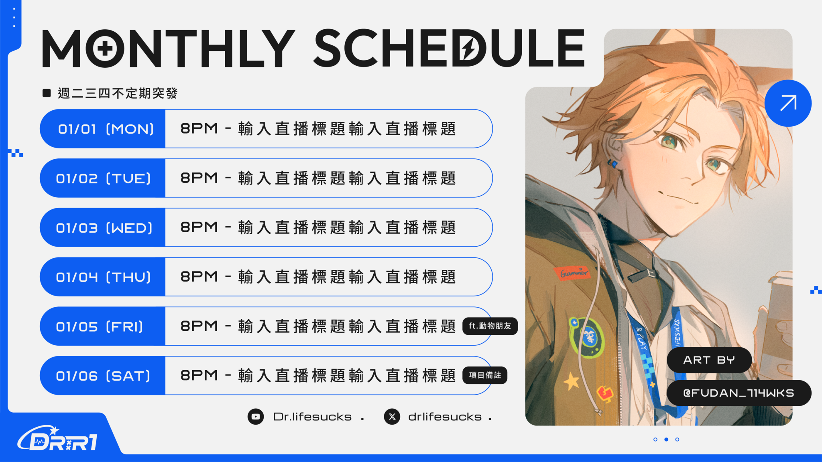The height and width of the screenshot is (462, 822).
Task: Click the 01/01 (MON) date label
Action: (106, 129)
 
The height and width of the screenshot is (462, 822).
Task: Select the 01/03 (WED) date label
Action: (104, 228)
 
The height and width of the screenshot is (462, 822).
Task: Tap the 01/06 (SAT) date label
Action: (103, 376)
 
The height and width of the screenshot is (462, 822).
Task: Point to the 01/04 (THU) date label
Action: (104, 277)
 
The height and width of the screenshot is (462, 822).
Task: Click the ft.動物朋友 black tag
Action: (490, 326)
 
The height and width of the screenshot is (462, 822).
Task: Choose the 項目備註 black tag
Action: (485, 375)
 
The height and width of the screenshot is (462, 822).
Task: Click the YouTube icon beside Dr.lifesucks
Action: (256, 417)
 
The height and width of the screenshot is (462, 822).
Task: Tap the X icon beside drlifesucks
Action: (392, 417)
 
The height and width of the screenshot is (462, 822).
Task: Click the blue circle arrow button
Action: (788, 103)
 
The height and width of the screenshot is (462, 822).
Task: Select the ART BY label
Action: (709, 360)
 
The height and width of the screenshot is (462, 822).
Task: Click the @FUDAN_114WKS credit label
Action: (739, 393)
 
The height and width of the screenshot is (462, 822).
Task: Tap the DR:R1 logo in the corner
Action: (57, 439)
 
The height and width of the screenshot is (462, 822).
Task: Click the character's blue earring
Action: (612, 163)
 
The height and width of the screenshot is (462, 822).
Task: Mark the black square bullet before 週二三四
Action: (47, 93)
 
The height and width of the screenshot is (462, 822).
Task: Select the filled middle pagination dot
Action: (666, 440)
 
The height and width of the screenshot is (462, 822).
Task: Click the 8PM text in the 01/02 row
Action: (199, 178)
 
